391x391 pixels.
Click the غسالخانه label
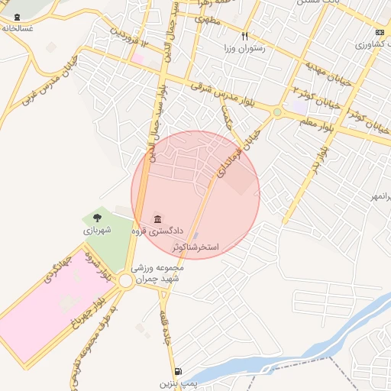(18, 27)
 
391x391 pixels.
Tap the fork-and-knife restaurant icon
(244, 36)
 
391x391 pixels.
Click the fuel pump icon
(178, 371)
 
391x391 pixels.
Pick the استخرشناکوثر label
(195, 248)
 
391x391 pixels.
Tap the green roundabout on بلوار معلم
(277, 112)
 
